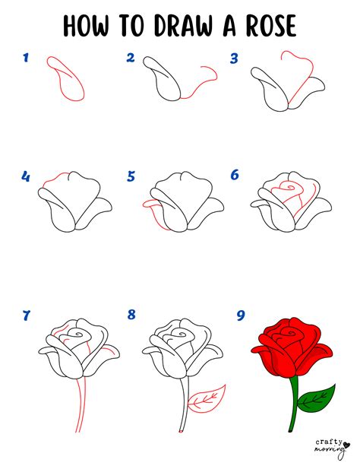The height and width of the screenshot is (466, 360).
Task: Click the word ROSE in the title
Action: [260, 27]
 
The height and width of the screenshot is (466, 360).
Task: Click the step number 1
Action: [26, 57]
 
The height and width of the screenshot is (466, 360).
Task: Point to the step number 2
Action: [131, 57]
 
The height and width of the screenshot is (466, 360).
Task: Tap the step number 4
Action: [26, 177]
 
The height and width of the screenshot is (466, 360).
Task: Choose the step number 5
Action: [131, 177]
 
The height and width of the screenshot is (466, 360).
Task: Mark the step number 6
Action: [235, 176]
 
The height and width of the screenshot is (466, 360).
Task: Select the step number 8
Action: [131, 314]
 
